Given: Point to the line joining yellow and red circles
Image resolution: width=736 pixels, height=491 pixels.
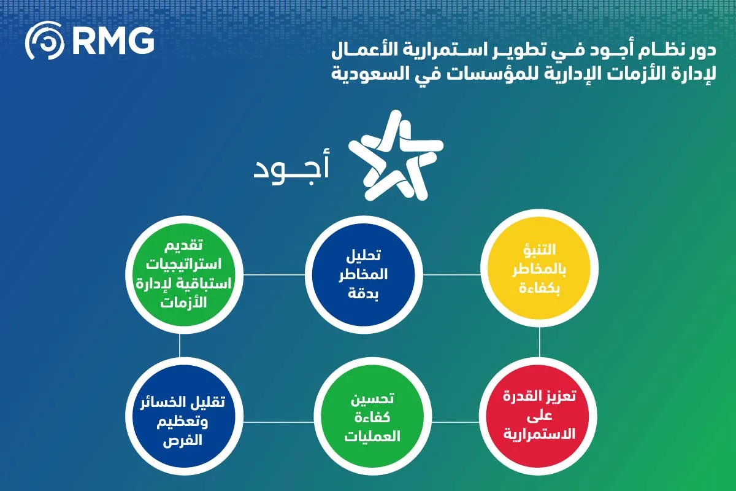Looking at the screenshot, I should click(x=539, y=344).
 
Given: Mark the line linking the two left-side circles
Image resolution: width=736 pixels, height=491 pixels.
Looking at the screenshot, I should click(x=180, y=344).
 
